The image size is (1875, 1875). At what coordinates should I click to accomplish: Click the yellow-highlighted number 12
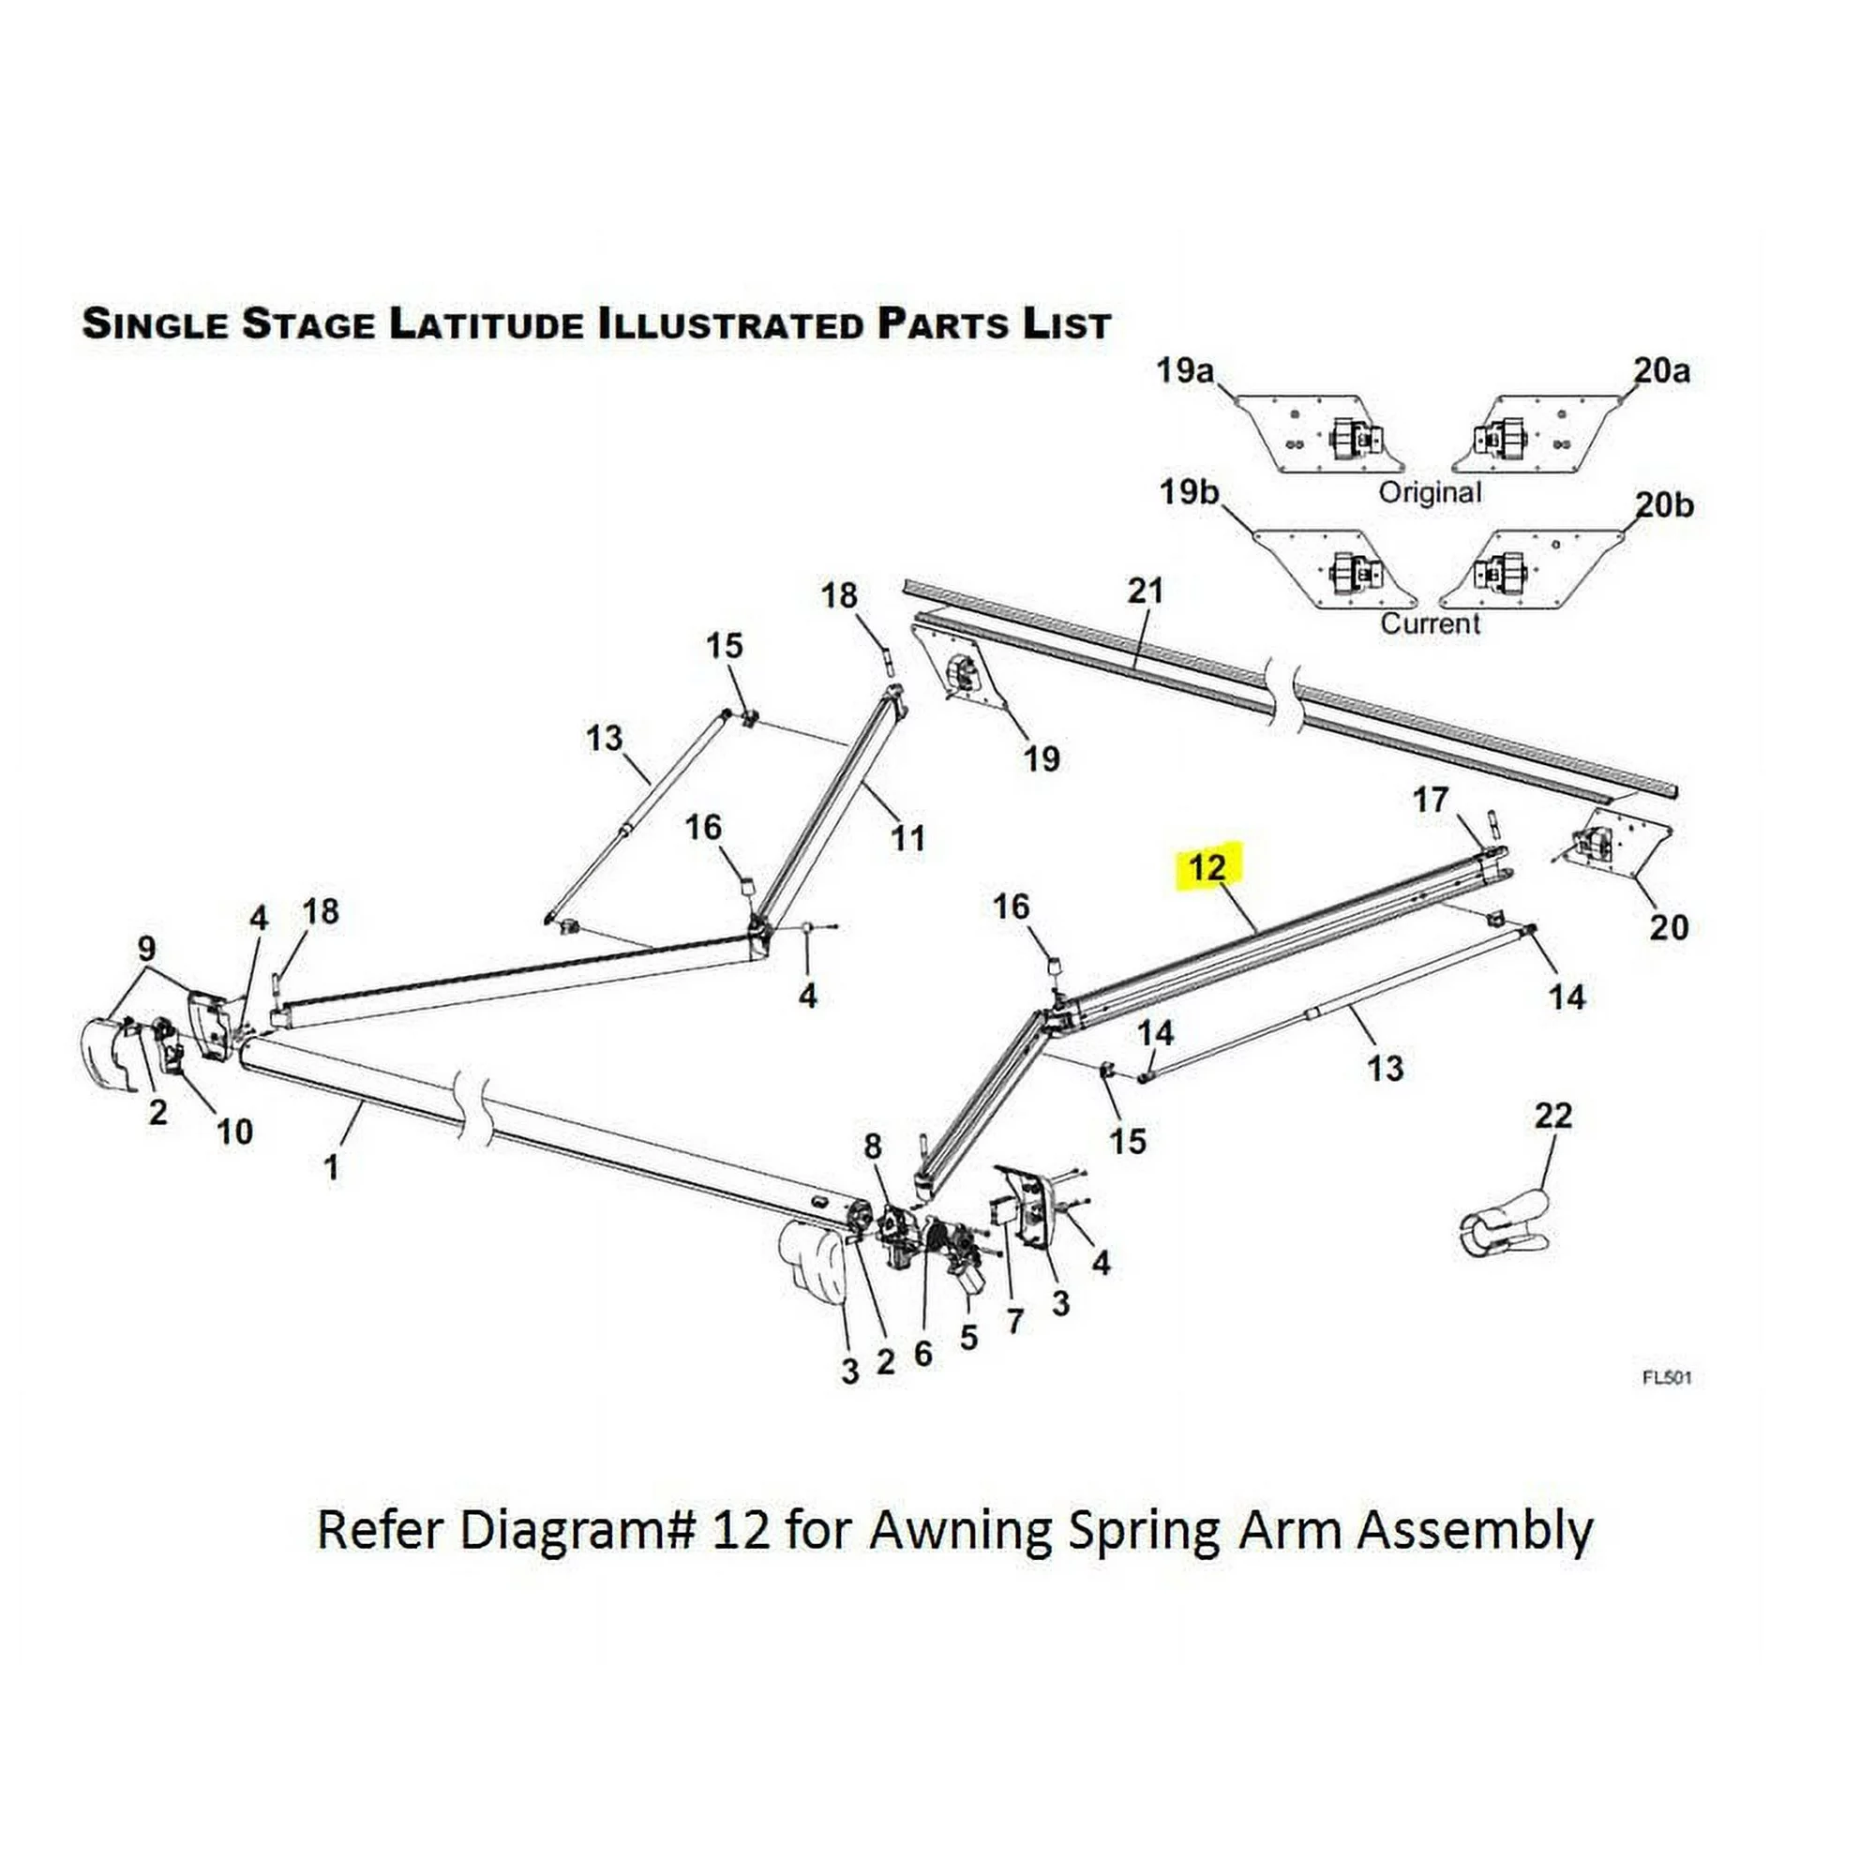pos(1208,866)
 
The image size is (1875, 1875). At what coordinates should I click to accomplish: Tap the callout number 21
pos(1146,591)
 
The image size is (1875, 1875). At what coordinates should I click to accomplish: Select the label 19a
pos(1185,369)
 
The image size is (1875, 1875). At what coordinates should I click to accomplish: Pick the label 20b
pos(1664,504)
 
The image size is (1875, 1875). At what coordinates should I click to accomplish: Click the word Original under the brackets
pos(1430,492)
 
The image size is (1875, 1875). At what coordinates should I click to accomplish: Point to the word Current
pos(1430,623)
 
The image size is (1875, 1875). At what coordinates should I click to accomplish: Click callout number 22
pos(1552,1115)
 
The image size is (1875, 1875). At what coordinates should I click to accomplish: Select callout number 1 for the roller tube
pos(331,1167)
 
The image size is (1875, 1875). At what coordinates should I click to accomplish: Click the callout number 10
pos(233,1131)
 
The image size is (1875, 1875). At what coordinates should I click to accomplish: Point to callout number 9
pos(146,947)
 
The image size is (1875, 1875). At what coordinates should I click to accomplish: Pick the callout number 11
pos(907,837)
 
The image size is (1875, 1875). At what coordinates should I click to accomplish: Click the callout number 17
pos(1431,800)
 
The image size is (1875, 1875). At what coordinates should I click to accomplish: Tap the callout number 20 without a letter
pos(1669,927)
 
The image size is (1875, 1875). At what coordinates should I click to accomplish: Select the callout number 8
pos(873,1147)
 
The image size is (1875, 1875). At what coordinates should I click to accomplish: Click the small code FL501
pos(1666,1377)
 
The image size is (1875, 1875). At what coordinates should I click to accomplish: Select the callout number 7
pos(1015,1321)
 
